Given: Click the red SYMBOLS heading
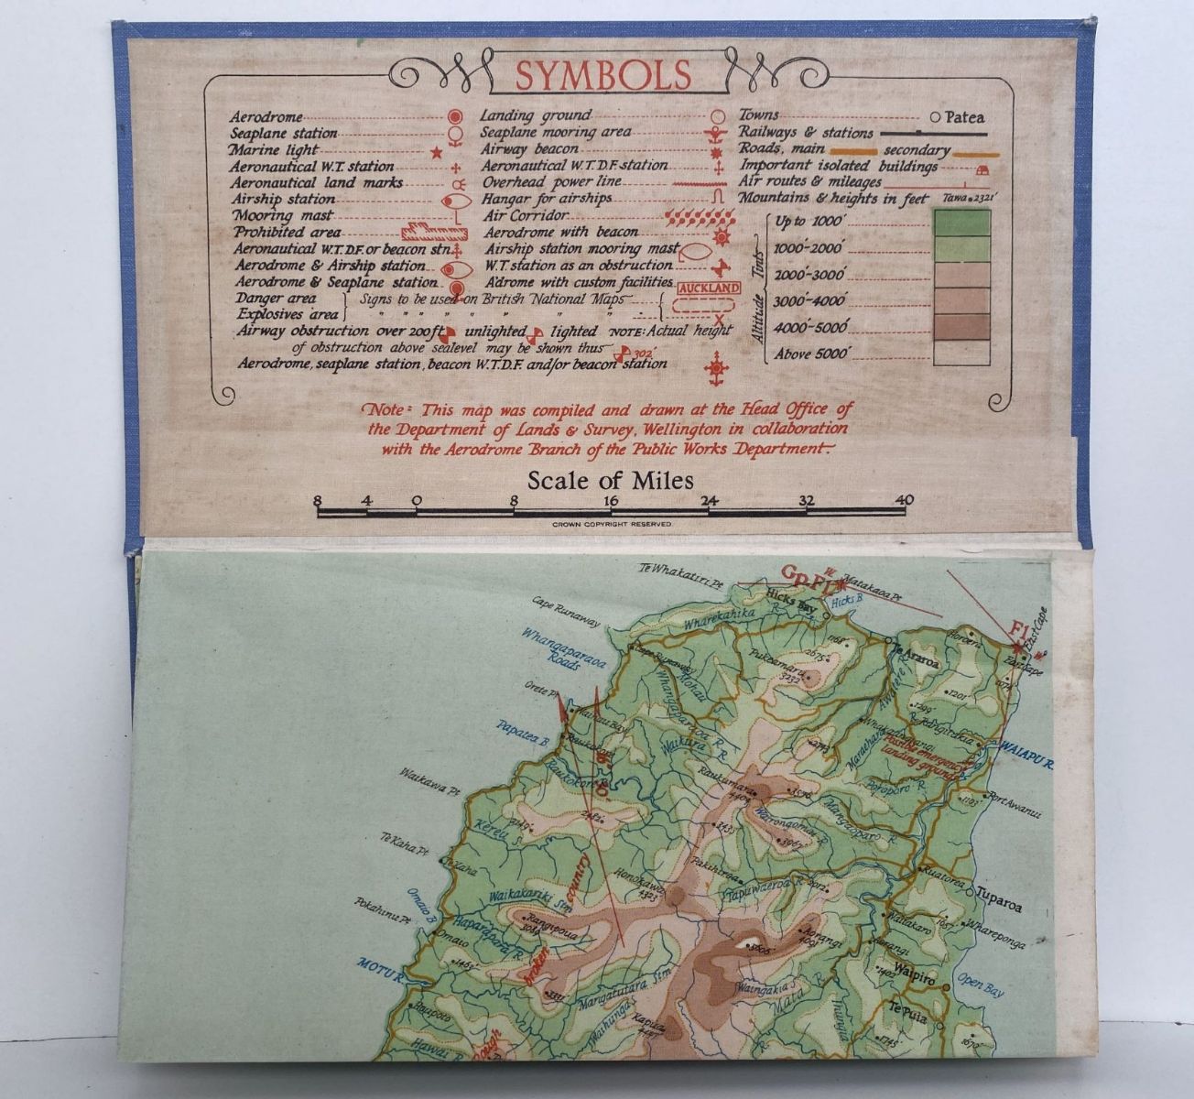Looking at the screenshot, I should tap(602, 76).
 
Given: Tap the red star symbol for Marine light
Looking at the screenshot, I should tap(437, 150).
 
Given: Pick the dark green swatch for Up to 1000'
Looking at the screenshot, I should tap(960, 222).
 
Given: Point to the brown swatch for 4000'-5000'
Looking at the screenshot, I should tap(960, 327).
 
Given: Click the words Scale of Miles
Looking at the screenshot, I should tap(610, 481).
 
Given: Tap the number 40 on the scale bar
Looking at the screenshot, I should tap(905, 500).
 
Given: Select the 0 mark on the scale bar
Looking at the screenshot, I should tap(416, 500).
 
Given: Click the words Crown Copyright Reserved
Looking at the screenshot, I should tap(612, 524).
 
